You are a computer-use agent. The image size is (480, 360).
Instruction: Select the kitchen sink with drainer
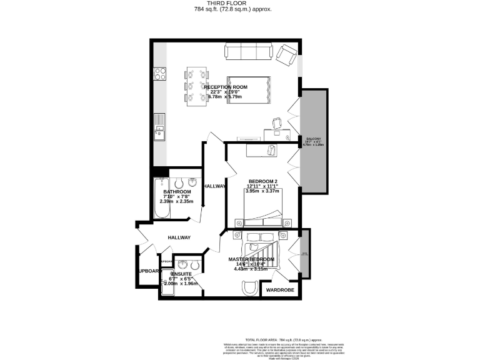point(160,126)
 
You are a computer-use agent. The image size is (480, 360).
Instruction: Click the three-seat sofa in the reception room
point(249,51)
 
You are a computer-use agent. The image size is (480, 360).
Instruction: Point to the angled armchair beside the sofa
point(287,56)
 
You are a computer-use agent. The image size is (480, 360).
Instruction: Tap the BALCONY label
point(313,138)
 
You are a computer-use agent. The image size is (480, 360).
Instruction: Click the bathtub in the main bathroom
point(161,198)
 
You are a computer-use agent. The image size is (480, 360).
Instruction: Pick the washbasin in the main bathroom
point(194,183)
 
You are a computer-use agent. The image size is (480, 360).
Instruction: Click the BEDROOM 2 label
point(262,181)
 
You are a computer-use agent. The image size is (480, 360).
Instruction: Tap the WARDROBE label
point(280,290)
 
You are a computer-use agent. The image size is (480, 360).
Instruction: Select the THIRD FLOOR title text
point(240,4)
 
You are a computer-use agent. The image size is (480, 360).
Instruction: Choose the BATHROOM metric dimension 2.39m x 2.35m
point(176,202)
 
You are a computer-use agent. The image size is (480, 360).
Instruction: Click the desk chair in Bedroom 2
point(271,150)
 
